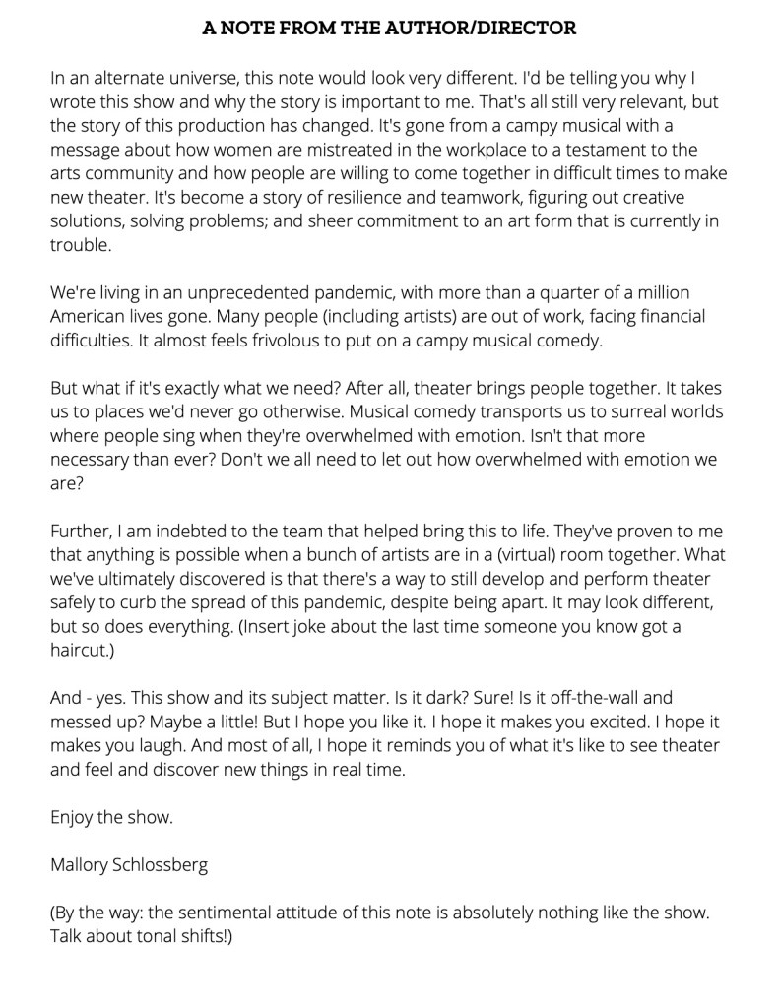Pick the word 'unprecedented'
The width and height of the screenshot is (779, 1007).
251,293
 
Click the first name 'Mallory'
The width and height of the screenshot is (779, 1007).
80,865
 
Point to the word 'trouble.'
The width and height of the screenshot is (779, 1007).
81,245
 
